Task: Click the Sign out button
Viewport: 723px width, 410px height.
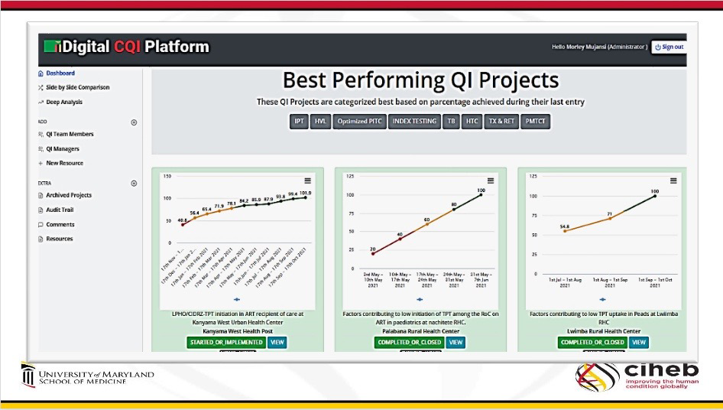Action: [x=669, y=47]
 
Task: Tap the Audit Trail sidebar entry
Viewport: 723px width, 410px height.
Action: [x=60, y=210]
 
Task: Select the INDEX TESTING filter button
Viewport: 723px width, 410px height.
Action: [x=414, y=121]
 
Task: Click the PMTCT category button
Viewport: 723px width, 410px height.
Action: [x=535, y=121]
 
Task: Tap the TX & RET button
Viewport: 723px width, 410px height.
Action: [x=501, y=121]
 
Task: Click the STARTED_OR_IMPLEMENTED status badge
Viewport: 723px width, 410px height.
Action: [x=225, y=342]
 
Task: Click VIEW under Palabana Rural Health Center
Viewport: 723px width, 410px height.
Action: [x=456, y=342]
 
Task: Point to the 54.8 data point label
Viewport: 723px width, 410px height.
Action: [x=564, y=226]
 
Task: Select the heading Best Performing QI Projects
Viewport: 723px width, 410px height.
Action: [x=420, y=80]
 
